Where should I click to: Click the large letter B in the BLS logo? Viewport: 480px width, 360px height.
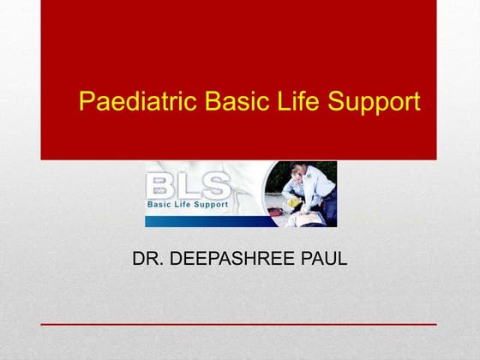click(x=163, y=186)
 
